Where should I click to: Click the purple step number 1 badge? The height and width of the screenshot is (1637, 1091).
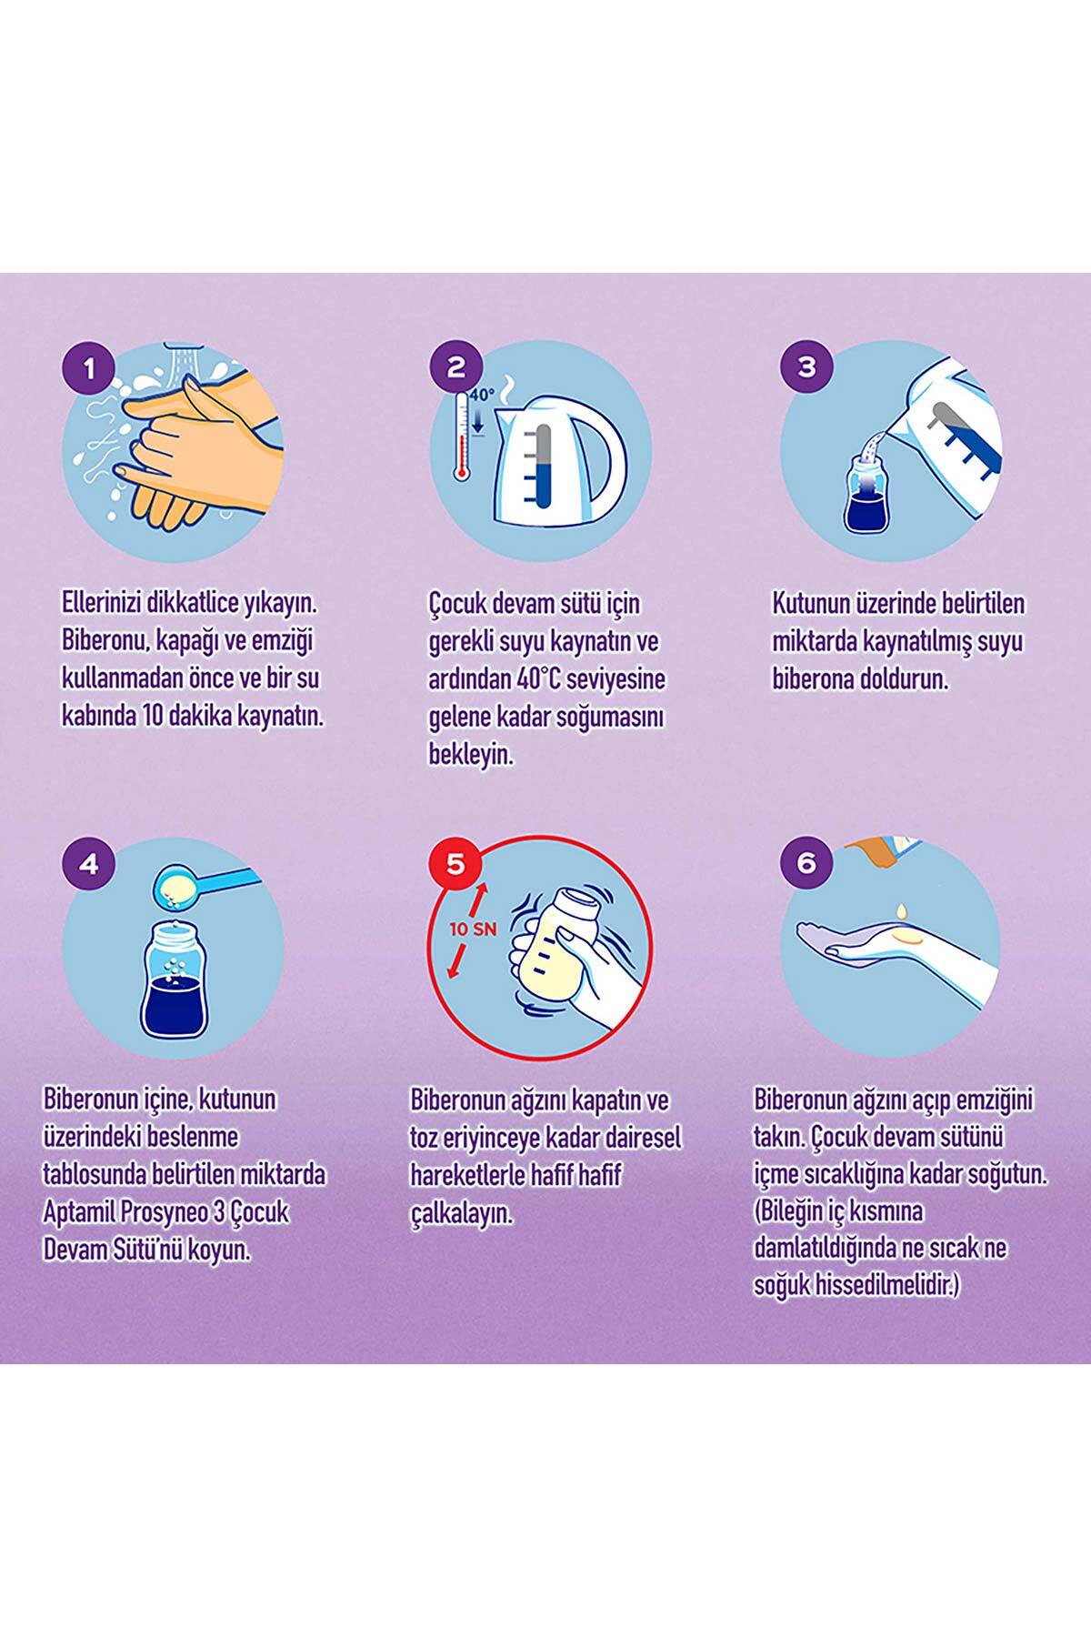pyautogui.click(x=88, y=369)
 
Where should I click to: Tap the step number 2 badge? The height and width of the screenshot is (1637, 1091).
pyautogui.click(x=456, y=367)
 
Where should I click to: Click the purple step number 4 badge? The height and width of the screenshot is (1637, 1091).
pyautogui.click(x=88, y=863)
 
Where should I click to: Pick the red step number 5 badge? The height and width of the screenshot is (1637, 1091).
pyautogui.click(x=456, y=863)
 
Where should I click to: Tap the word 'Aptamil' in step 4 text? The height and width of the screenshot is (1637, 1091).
pyautogui.click(x=77, y=1213)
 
